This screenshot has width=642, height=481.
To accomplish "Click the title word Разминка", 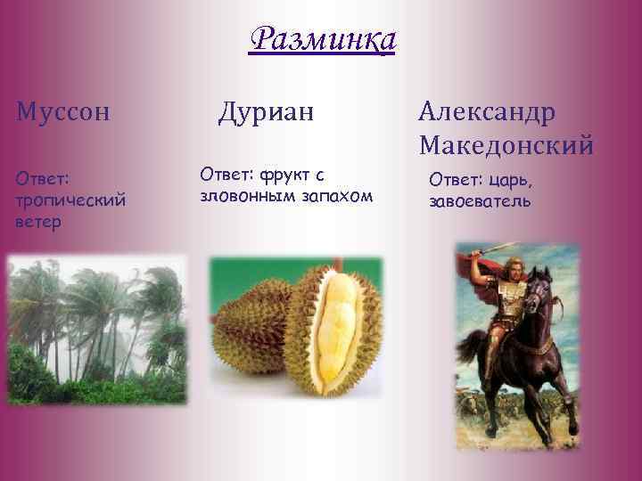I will (322, 40).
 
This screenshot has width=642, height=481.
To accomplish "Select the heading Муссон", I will (62, 112).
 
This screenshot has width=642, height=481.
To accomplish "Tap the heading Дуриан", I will (267, 112).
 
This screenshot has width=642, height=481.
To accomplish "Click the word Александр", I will (486, 112).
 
